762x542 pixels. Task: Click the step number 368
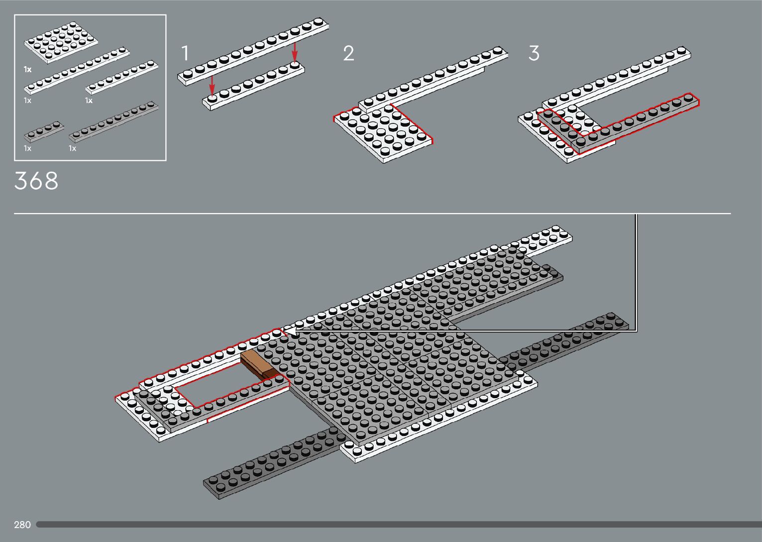pos(36,181)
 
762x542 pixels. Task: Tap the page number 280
pos(22,525)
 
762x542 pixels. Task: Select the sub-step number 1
pos(185,53)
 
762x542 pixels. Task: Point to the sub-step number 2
pos(348,53)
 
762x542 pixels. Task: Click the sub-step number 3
pos(534,53)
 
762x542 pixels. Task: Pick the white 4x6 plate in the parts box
pos(61,43)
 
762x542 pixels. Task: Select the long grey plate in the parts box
pos(114,121)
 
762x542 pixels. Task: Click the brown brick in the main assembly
pos(258,365)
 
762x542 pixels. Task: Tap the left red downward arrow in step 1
pos(212,84)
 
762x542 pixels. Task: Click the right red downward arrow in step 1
pos(295,51)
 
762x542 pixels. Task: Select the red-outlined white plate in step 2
pos(383,130)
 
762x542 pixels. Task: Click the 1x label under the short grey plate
pos(27,148)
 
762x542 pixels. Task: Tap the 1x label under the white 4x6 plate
pos(27,70)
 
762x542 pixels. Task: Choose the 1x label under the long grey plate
pos(72,148)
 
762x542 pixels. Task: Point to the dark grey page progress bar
pos(398,524)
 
